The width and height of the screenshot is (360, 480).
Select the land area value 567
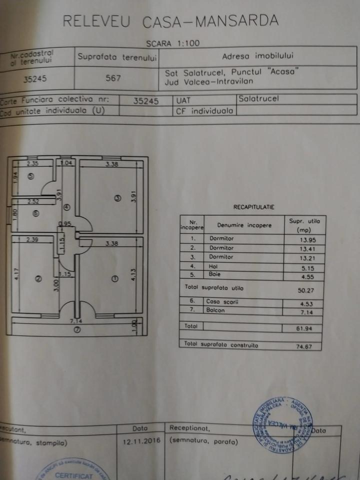coord(114,78)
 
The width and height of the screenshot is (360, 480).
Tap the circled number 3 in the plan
coord(117,198)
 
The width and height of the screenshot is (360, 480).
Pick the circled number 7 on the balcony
coord(76,329)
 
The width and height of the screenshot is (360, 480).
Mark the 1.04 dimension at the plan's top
coord(66,163)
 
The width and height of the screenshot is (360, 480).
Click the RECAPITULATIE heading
coord(253,206)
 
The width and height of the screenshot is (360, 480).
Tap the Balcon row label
coord(214,310)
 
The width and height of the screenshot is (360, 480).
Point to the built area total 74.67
coord(304,345)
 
